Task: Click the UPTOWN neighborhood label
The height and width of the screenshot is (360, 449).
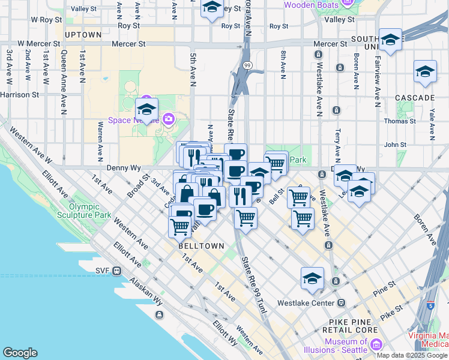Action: [83, 35]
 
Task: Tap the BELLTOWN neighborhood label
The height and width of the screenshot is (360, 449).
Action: [201, 246]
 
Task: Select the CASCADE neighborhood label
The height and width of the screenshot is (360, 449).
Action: [415, 97]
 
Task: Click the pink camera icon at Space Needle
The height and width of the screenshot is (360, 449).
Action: [168, 119]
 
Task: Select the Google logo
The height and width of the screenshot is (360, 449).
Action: [20, 352]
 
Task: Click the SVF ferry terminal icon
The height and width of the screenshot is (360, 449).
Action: [116, 271]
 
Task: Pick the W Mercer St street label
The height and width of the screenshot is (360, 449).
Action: [38, 44]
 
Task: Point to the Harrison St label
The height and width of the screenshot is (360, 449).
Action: [20, 95]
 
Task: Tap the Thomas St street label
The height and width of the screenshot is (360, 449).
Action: [400, 121]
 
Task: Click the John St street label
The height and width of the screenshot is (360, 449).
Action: [395, 145]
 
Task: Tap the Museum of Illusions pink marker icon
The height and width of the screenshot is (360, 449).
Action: [376, 344]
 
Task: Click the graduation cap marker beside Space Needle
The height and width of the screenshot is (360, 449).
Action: [146, 109]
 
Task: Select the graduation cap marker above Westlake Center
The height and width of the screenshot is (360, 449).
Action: [312, 278]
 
